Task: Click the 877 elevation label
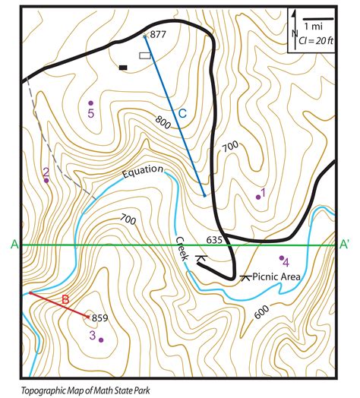pyautogui.click(x=158, y=34)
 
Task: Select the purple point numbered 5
pyautogui.click(x=90, y=103)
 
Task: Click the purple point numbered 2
pyautogui.click(x=46, y=181)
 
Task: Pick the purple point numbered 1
pyautogui.click(x=258, y=197)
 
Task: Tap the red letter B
pyautogui.click(x=65, y=298)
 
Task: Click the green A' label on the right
pyautogui.click(x=346, y=244)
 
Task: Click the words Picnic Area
pyautogui.click(x=276, y=278)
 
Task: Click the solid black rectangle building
pyautogui.click(x=123, y=68)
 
